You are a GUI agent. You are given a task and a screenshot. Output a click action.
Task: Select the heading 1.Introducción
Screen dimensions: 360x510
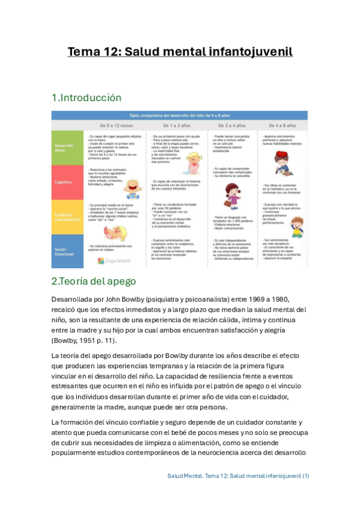click(87, 97)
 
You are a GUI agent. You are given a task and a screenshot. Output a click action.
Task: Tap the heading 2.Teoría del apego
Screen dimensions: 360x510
click(94, 281)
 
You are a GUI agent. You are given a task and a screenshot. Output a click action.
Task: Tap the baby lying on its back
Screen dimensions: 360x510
click(111, 232)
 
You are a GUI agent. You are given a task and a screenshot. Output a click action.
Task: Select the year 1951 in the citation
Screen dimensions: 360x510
click(92, 340)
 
